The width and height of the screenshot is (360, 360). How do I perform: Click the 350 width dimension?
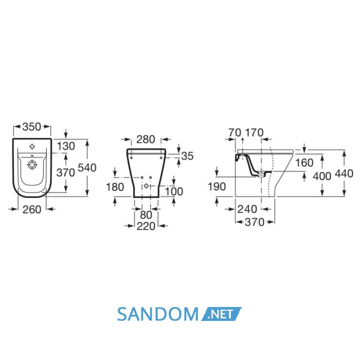(x=32, y=127)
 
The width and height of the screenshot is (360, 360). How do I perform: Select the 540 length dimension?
(x=87, y=168)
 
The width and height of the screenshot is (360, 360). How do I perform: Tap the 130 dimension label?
(x=66, y=146)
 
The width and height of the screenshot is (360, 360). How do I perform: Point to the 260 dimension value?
(x=32, y=209)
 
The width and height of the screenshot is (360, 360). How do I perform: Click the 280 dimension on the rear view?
(x=146, y=139)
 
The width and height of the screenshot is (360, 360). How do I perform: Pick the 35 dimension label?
(x=187, y=156)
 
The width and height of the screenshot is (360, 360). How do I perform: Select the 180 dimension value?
(x=115, y=187)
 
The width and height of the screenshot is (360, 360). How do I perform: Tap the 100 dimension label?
(x=174, y=191)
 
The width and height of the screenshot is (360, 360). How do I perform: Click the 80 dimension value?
(x=146, y=215)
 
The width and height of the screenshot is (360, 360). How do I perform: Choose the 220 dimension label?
(x=146, y=226)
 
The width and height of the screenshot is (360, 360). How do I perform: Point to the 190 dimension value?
(x=217, y=186)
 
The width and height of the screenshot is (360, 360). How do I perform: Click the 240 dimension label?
(x=247, y=209)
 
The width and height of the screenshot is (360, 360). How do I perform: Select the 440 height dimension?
(x=344, y=173)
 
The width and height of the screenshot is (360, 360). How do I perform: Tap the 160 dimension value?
(x=304, y=163)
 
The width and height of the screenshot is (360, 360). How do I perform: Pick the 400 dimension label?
(x=322, y=176)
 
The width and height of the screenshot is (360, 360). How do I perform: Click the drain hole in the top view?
(x=32, y=165)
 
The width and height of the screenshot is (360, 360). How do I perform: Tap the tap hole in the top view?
(x=32, y=146)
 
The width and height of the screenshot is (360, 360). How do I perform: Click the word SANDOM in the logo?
(x=158, y=314)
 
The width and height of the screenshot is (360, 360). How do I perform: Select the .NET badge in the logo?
(x=221, y=314)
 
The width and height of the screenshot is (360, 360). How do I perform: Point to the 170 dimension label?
(x=255, y=133)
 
